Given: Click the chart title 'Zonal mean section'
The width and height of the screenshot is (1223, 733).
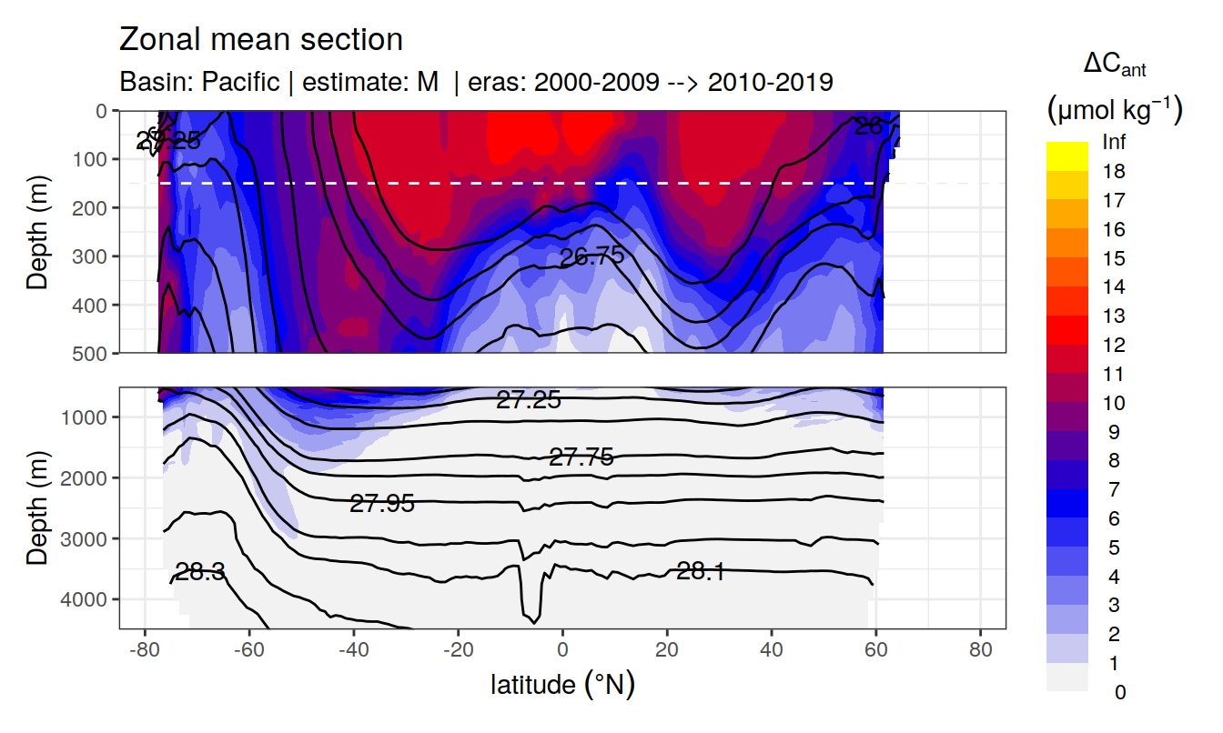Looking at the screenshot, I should point(261,40).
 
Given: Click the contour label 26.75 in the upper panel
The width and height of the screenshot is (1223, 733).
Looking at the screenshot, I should point(592,256).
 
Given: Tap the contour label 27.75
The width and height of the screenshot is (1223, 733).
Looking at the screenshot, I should point(581,457).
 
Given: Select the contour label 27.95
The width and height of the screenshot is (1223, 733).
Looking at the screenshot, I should point(382,503).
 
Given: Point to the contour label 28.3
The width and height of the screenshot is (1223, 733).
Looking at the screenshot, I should point(200,572).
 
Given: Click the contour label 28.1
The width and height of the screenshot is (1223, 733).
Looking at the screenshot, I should point(701,571).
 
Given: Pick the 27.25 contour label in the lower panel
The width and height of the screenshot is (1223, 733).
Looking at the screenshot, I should point(528,399).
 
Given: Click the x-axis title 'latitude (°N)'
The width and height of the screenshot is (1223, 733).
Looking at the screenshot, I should point(562,685).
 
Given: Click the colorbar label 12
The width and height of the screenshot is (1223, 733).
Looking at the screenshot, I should point(1113,345).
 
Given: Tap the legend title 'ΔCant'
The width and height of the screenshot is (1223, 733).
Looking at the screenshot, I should point(1114,65).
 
